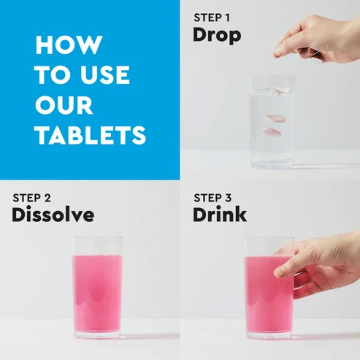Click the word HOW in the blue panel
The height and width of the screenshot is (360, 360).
click(69, 45)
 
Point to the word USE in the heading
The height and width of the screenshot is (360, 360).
click(105, 75)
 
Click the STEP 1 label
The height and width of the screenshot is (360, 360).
click(212, 18)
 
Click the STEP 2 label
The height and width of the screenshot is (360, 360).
click(32, 198)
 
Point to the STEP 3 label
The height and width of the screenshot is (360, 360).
click(213, 198)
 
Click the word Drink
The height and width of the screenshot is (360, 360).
click(220, 214)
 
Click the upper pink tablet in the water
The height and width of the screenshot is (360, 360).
click(276, 118)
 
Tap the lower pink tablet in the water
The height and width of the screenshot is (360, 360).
click(271, 132)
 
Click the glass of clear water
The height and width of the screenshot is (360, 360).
click(272, 122)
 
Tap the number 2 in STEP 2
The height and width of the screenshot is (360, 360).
click(47, 198)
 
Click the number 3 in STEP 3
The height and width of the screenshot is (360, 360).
click(228, 198)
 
